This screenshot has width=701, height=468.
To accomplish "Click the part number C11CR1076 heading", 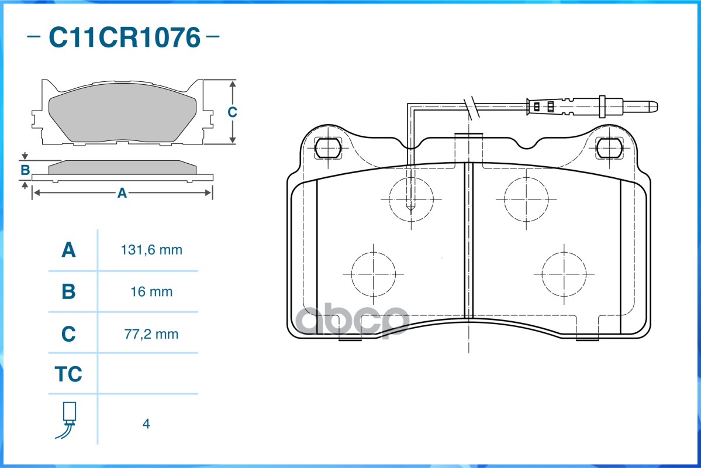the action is [125, 37].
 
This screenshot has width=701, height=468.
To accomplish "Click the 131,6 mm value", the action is [151, 250].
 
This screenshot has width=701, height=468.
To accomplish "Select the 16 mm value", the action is [151, 292].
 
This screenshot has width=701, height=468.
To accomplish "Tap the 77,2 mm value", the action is [151, 334].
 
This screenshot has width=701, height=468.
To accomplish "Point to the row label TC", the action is [68, 374].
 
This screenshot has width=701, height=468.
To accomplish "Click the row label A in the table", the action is [68, 250].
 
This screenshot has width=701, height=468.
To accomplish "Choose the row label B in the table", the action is [68, 292].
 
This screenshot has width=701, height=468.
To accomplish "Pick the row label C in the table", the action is [68, 334].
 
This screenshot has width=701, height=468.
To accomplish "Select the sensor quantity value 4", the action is [146, 424].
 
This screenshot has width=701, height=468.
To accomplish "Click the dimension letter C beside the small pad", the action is [232, 112].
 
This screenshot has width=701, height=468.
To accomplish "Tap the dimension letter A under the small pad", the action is [122, 193].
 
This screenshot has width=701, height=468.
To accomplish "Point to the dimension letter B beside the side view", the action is [25, 170].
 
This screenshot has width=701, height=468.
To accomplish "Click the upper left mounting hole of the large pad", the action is [328, 147].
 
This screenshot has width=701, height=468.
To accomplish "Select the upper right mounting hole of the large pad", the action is [610, 148].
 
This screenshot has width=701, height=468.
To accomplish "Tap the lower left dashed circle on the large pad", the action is [373, 252].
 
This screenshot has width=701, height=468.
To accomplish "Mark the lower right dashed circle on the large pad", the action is [564, 252].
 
